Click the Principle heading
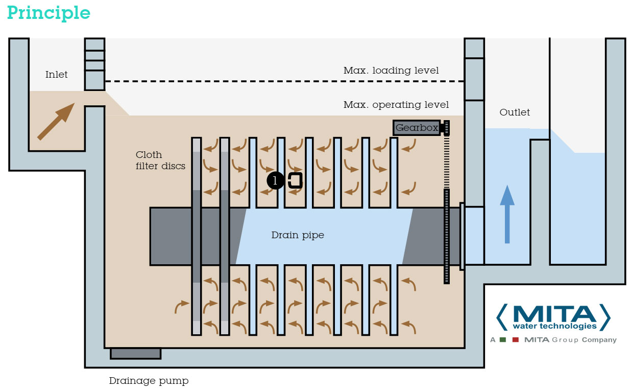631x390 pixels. (x=48, y=13)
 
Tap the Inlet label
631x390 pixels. (x=56, y=75)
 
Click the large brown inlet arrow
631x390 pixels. (x=56, y=121)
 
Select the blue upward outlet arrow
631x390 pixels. (x=506, y=214)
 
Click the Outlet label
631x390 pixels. (x=515, y=112)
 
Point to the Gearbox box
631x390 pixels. (x=416, y=128)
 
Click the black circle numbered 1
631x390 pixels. (x=276, y=180)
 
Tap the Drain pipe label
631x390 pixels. (x=298, y=236)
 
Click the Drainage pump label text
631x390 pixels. (x=149, y=381)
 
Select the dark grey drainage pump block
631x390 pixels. (x=135, y=353)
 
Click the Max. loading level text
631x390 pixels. (x=391, y=71)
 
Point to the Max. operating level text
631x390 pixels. (x=396, y=105)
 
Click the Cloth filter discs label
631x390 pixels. (x=160, y=160)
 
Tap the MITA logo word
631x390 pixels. (x=553, y=312)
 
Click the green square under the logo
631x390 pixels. (x=503, y=340)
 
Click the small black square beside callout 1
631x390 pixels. (x=295, y=180)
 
